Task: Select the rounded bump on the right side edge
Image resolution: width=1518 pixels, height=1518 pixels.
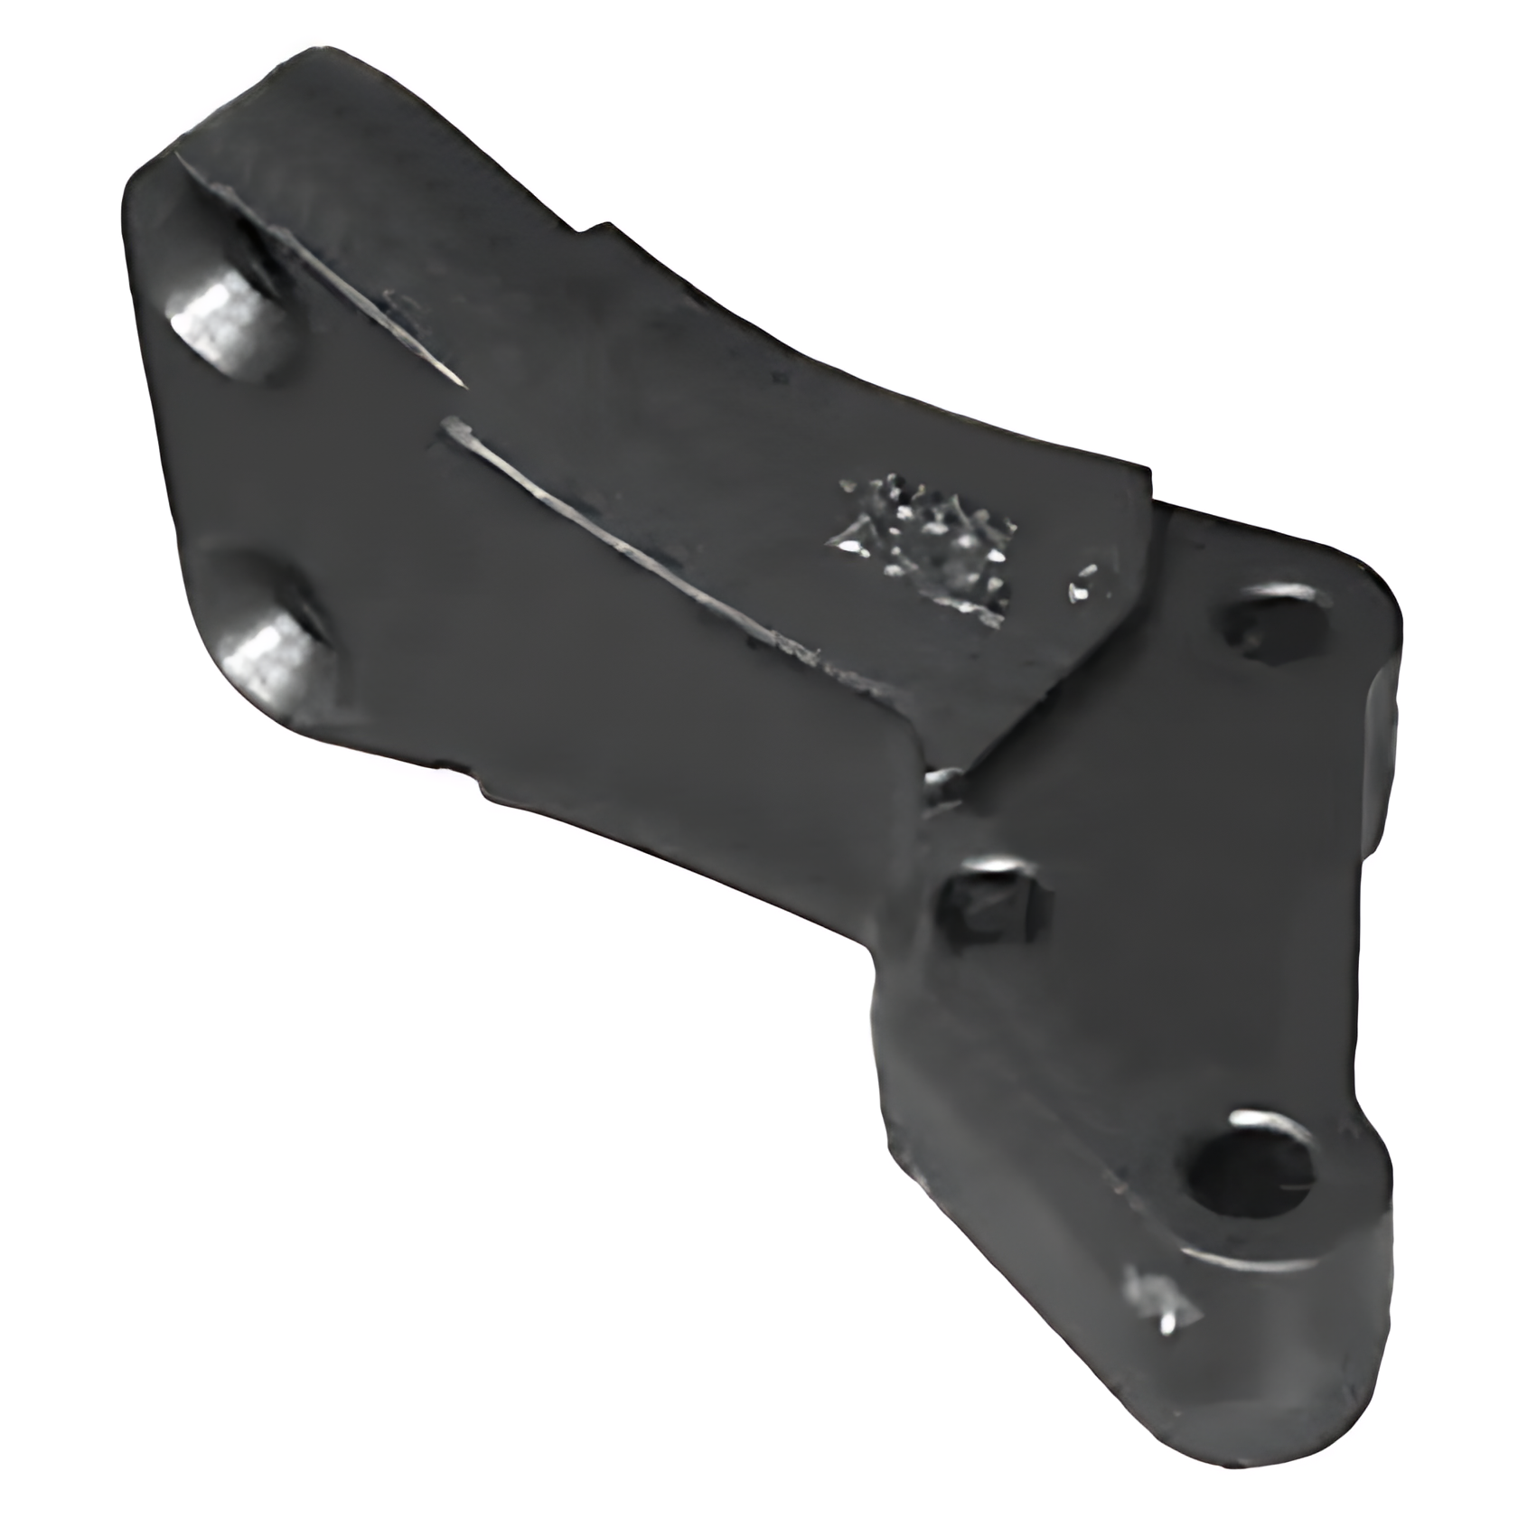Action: (x=1387, y=714)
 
